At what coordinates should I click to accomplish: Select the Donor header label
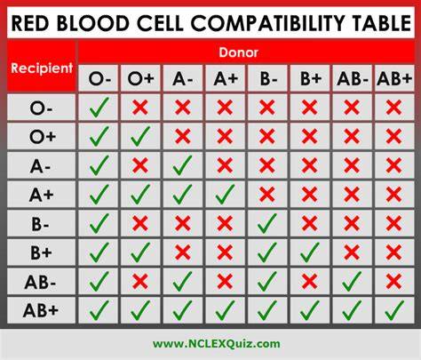239,52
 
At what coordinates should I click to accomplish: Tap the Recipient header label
42,68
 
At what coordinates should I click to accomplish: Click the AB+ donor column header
394,78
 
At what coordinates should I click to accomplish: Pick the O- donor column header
99,79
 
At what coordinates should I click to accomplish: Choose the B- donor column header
268,78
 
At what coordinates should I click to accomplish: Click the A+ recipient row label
42,195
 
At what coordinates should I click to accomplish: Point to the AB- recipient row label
40,282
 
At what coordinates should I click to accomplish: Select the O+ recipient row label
43,137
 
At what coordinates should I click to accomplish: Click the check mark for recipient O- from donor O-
99,108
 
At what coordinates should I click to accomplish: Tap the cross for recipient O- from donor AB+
393,108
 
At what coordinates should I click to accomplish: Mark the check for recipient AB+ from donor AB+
394,310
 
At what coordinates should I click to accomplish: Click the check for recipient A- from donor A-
182,165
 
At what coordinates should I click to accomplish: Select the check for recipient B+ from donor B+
310,252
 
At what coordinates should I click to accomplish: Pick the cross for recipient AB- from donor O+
140,281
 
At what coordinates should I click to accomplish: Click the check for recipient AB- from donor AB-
352,281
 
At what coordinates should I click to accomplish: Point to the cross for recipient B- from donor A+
225,223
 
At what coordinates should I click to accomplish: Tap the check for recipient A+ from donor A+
225,194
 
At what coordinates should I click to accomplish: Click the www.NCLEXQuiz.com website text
217,344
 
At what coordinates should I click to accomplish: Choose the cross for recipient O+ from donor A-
182,136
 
